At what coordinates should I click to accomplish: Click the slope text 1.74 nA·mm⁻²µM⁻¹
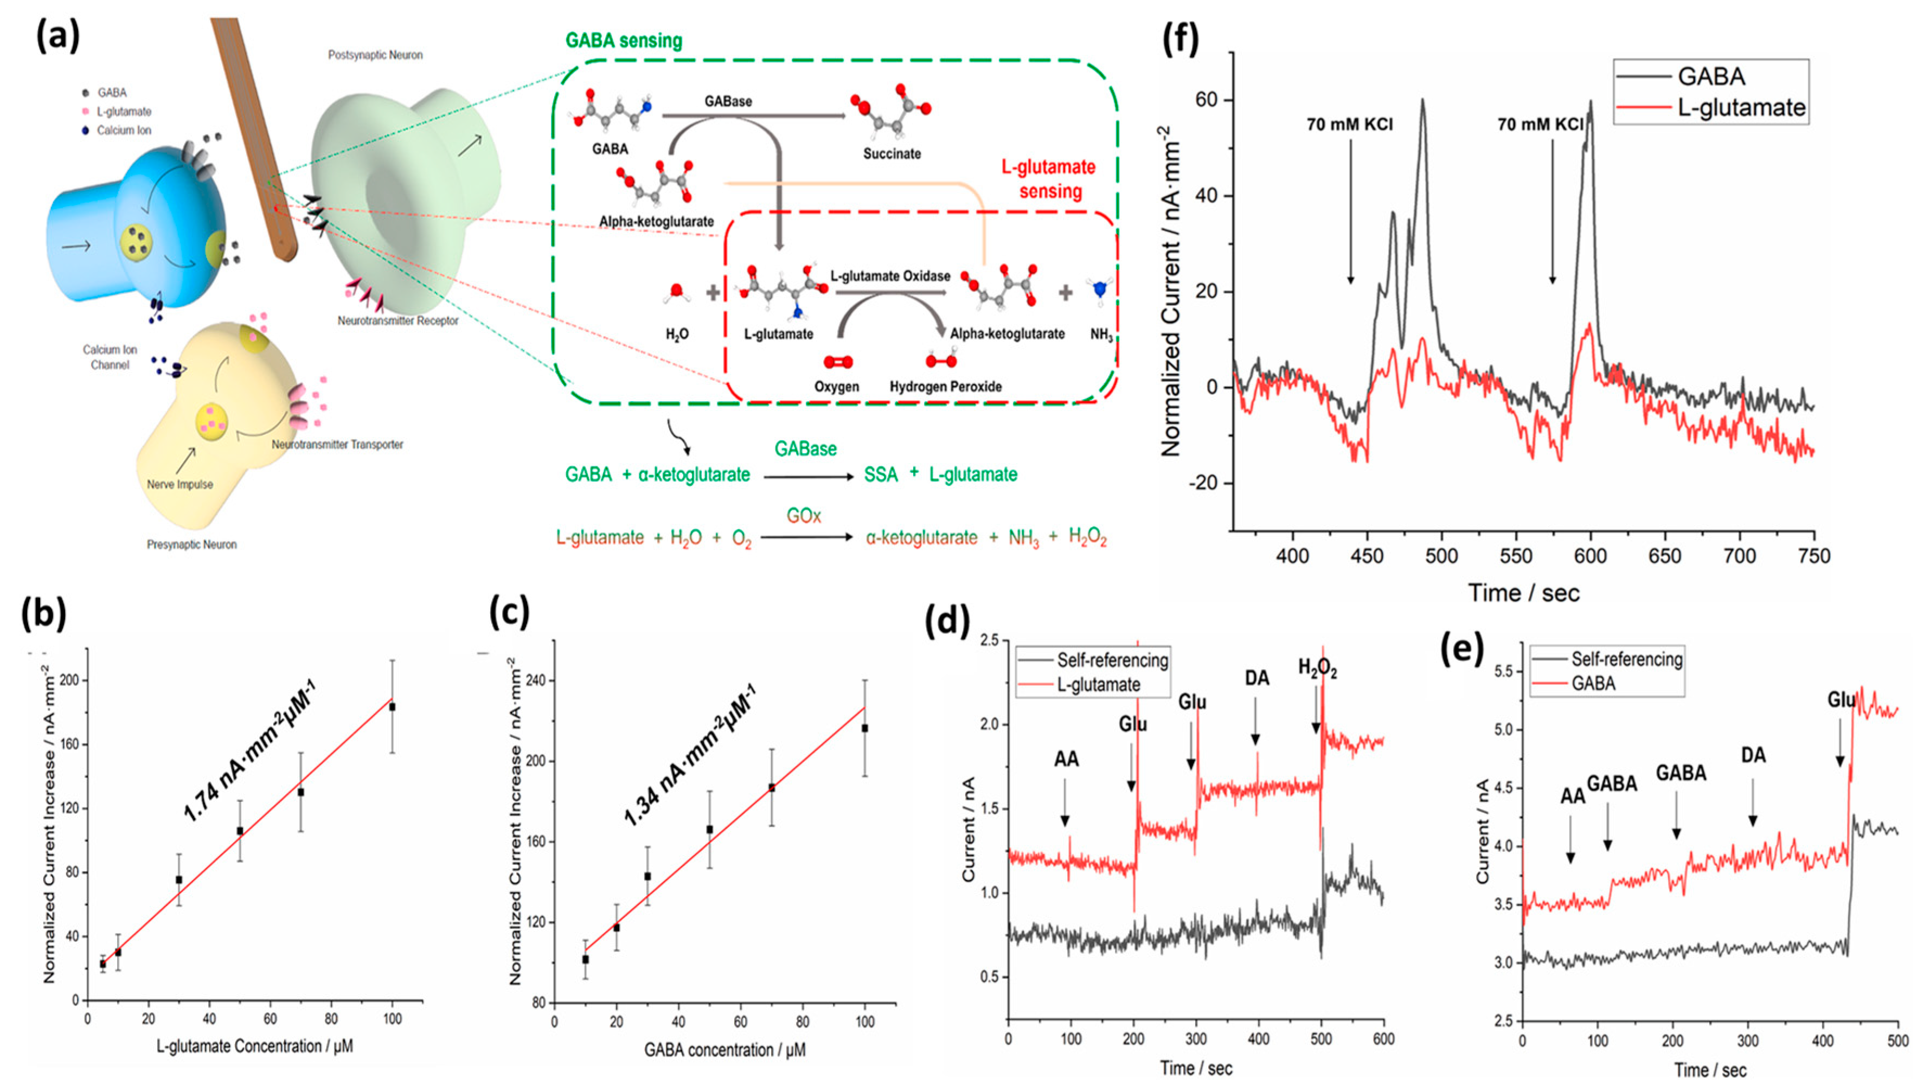pos(250,756)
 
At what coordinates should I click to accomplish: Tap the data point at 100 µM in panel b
pos(392,706)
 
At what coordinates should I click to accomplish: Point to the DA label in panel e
pos(1753,755)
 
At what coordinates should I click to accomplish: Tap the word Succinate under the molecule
pos(892,154)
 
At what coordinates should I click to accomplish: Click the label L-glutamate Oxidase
pos(890,275)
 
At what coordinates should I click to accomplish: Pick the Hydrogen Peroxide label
pos(946,387)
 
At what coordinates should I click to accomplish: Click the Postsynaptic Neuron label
pos(375,55)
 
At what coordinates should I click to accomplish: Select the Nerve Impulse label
pos(179,484)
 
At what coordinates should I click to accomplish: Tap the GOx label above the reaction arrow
pos(804,516)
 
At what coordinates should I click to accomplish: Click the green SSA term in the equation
pos(881,475)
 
